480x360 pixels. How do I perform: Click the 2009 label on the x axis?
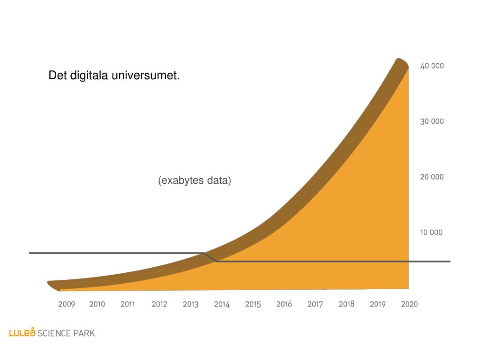click(x=67, y=304)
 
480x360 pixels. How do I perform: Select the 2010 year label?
click(x=97, y=304)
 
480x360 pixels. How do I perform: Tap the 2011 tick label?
click(x=127, y=304)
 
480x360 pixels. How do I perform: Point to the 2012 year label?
click(x=159, y=304)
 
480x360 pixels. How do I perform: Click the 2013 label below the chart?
click(x=191, y=304)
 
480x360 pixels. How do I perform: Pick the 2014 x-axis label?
click(x=222, y=304)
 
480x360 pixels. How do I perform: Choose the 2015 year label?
click(x=253, y=304)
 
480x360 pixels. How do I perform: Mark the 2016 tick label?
click(x=284, y=304)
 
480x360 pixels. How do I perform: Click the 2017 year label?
click(x=315, y=304)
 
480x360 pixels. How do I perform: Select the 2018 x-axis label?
click(x=346, y=304)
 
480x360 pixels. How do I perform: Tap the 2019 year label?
click(x=377, y=304)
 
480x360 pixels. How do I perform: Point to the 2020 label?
click(x=409, y=304)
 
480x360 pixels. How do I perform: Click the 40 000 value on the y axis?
click(x=432, y=66)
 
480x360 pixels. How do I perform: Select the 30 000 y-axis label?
click(x=432, y=121)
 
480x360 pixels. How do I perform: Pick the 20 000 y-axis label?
click(x=432, y=177)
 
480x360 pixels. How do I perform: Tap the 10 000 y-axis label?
click(x=431, y=232)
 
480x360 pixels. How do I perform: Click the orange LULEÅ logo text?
click(x=22, y=333)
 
